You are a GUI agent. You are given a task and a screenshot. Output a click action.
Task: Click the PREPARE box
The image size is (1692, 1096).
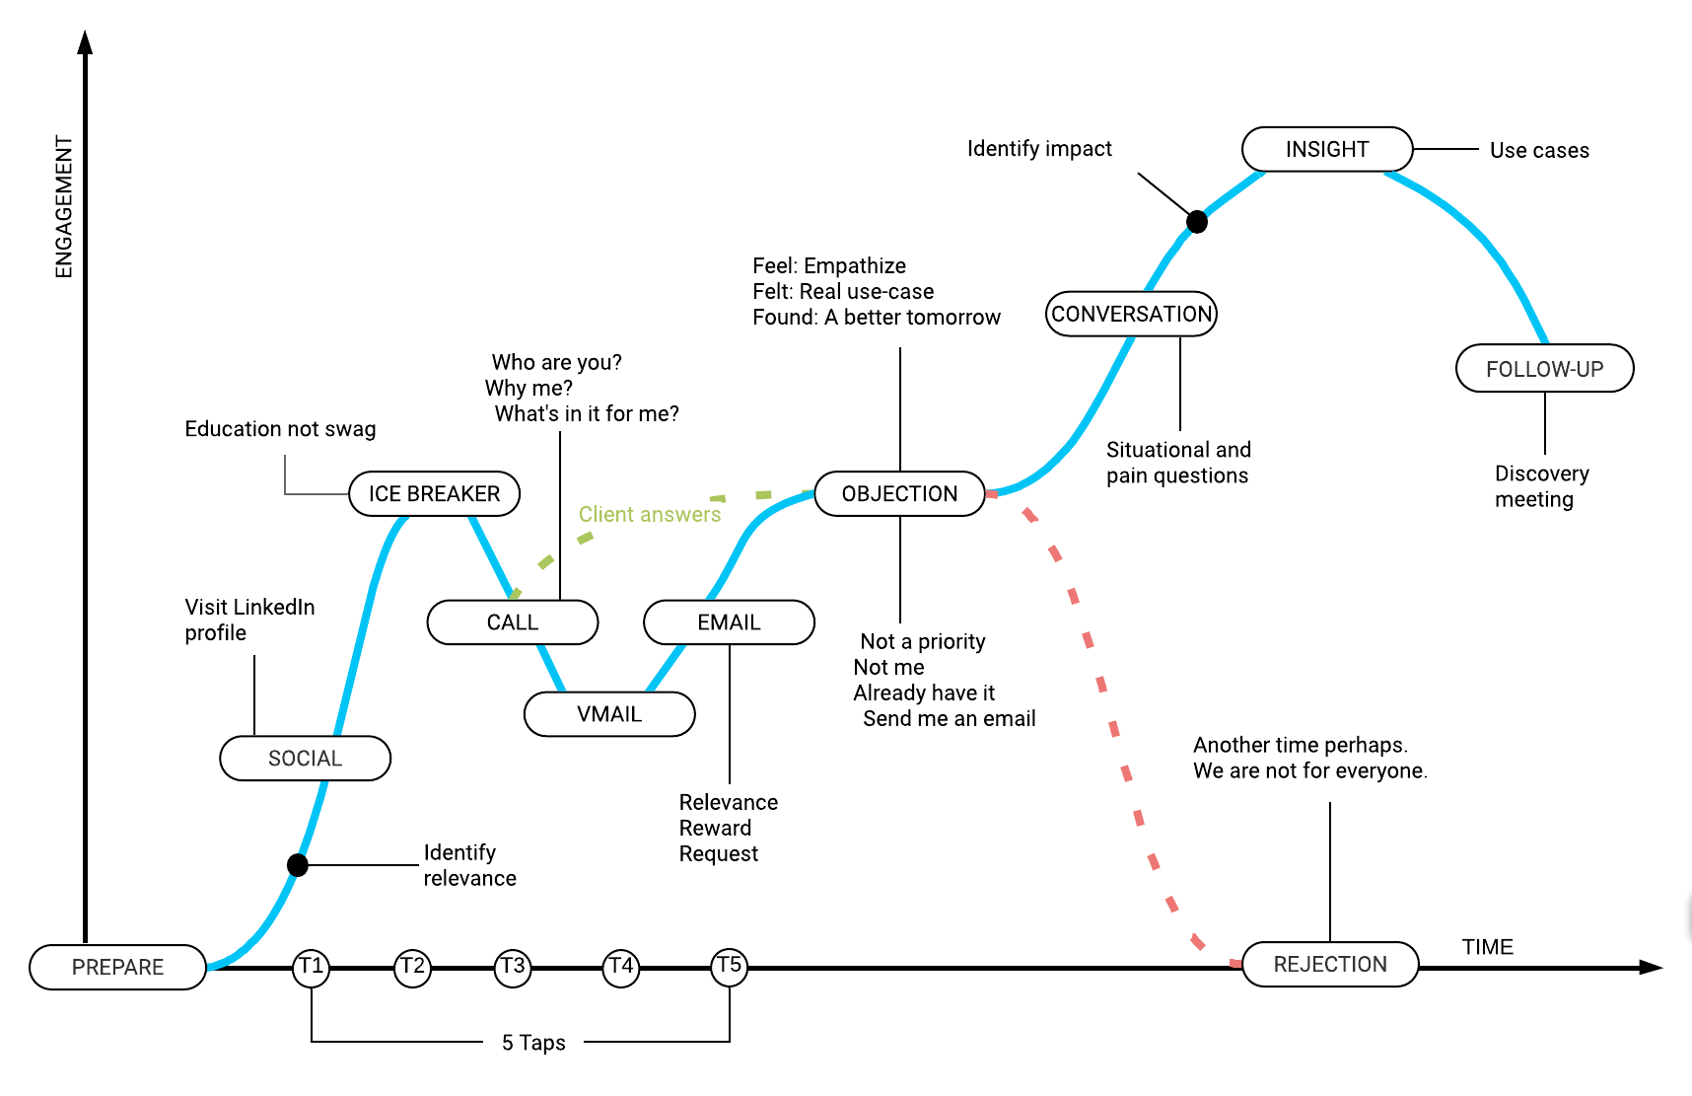[117, 967]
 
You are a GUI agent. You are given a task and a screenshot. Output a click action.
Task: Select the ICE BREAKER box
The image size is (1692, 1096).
[434, 493]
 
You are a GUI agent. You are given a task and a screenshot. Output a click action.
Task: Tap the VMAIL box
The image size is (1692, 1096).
[609, 714]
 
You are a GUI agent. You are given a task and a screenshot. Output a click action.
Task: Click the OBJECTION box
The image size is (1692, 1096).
[899, 493]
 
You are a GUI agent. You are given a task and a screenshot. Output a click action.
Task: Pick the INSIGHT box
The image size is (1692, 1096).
[1327, 149]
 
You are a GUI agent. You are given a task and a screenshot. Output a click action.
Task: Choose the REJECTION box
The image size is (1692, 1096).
[1330, 964]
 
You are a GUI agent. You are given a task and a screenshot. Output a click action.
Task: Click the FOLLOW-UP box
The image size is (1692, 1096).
[1544, 369]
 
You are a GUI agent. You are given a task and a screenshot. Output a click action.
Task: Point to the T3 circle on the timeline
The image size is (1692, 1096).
[513, 966]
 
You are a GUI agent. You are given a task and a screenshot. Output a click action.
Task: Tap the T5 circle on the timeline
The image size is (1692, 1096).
[730, 966]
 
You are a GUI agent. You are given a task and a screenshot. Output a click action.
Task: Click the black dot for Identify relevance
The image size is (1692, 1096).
[298, 865]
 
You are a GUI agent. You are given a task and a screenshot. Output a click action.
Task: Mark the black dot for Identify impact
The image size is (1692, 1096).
[1197, 222]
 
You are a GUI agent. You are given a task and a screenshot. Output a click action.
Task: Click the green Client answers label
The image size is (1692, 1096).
[650, 514]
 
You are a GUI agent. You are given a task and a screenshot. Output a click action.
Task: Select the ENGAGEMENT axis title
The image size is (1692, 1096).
[64, 207]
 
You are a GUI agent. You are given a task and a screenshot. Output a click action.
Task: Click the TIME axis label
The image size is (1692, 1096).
[1487, 947]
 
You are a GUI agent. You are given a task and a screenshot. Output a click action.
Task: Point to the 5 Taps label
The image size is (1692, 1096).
[533, 1043]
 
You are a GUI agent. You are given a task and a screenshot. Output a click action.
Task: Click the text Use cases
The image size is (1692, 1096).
[1539, 150]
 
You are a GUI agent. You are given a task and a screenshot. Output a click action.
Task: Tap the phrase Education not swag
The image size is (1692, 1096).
[280, 429]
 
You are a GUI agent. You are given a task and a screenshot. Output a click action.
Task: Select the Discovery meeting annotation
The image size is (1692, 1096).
[1541, 486]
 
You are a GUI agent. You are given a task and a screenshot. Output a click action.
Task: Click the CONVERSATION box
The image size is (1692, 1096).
[1131, 314]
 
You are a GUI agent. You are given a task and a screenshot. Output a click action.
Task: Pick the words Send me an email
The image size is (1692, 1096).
[949, 718]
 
